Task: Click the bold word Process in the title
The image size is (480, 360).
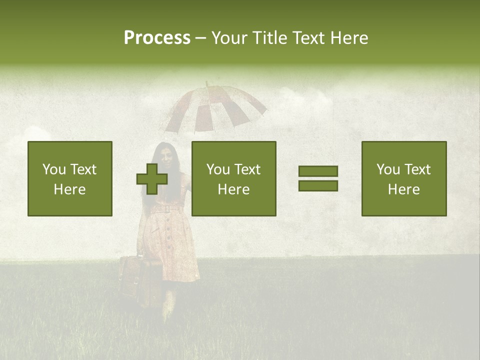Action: tap(157, 38)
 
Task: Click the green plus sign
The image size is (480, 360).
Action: tap(152, 179)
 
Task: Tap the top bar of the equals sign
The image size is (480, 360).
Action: tap(318, 171)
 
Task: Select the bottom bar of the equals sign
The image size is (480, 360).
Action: tap(318, 185)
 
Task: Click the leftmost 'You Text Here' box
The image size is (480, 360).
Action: tap(70, 178)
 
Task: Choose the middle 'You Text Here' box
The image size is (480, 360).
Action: tap(233, 178)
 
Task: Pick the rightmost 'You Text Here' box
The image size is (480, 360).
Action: tap(404, 178)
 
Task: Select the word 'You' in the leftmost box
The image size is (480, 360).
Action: tap(53, 169)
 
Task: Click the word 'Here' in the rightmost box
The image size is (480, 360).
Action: tap(404, 189)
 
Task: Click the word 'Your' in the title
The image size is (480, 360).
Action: tap(229, 38)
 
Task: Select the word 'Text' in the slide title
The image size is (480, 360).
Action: tap(308, 38)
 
